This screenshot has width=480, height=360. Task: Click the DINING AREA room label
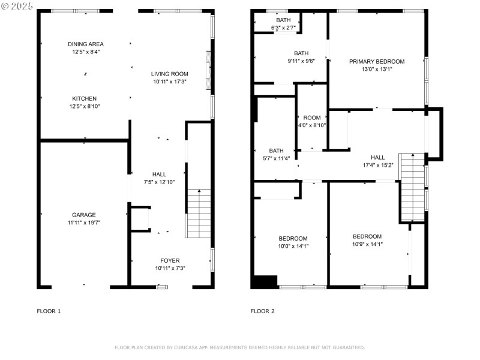coord(85,44)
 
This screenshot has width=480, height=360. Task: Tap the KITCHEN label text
coord(85,98)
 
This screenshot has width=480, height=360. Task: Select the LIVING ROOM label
coord(169,74)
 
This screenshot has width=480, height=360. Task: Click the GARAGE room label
coord(84,215)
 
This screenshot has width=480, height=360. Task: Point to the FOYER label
coord(170,260)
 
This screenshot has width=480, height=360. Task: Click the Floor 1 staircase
coord(198,214)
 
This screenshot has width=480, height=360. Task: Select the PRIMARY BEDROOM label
coord(377,61)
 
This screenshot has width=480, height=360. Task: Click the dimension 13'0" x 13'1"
coord(377,69)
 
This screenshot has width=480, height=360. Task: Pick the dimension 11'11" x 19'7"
coord(84,223)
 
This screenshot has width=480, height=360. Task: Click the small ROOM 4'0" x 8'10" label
coord(312,118)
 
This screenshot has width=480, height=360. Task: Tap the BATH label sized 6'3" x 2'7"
coord(283,20)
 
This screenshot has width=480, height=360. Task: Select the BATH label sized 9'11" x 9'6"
coord(301,53)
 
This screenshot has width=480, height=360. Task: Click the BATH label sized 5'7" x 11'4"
coord(276,151)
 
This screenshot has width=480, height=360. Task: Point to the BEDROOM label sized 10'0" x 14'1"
coord(293,238)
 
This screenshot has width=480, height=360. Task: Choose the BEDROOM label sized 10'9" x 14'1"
coord(367,236)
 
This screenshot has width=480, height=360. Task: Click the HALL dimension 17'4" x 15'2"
coord(377,165)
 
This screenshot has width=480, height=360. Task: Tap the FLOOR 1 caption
coord(49,311)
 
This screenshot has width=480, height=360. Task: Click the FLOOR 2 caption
coord(262,311)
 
